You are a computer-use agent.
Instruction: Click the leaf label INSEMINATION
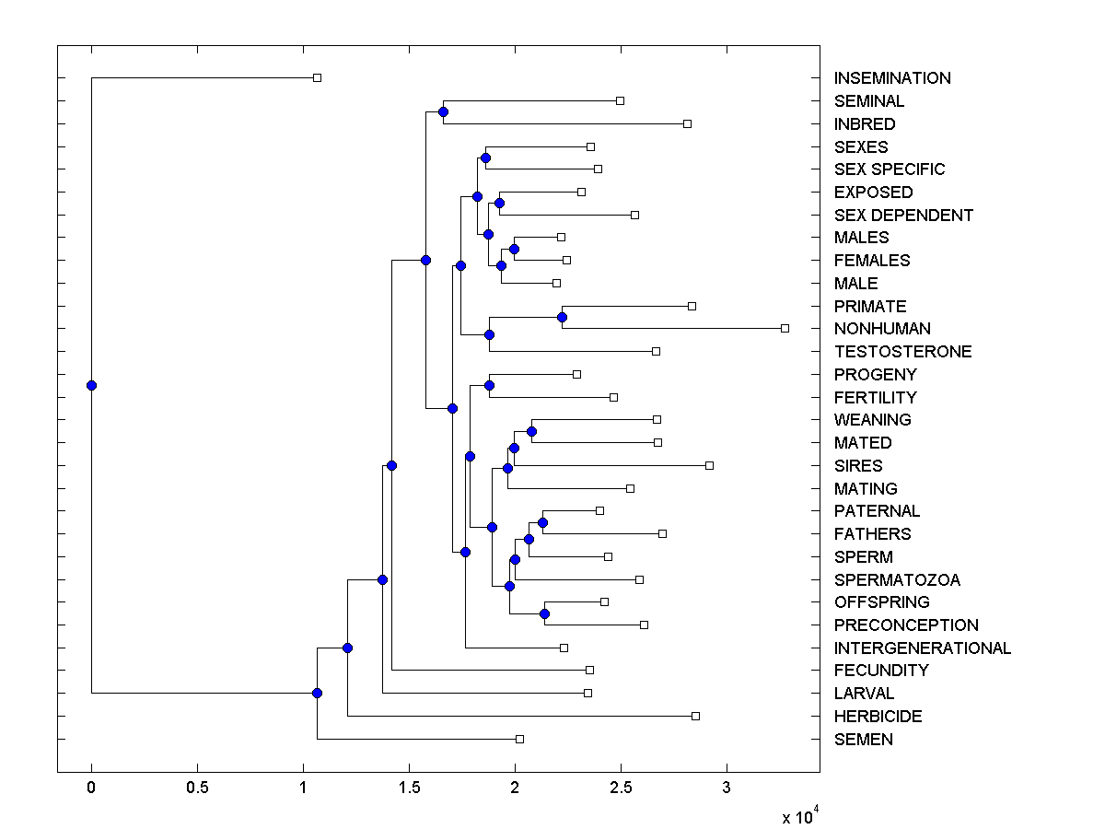pyautogui.click(x=892, y=78)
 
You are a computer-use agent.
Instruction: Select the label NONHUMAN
pyautogui.click(x=882, y=329)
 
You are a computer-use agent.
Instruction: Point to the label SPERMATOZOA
pyautogui.click(x=897, y=579)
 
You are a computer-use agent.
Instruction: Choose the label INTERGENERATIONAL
pyautogui.click(x=922, y=648)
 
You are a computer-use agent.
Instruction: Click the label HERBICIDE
pyautogui.click(x=878, y=717)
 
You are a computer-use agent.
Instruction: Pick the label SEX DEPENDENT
pyautogui.click(x=903, y=216)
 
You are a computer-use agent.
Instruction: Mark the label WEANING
pyautogui.click(x=872, y=420)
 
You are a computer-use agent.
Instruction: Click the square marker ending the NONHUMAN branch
pyautogui.click(x=785, y=328)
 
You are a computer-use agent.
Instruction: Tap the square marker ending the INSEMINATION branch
pyautogui.click(x=317, y=77)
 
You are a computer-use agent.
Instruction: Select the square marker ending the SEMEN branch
pyautogui.click(x=519, y=739)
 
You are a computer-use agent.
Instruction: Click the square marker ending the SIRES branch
pyautogui.click(x=709, y=465)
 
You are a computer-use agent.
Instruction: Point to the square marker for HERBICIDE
pyautogui.click(x=695, y=716)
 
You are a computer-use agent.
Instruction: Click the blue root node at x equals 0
pyautogui.click(x=91, y=385)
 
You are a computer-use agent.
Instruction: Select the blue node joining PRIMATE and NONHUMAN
pyautogui.click(x=562, y=317)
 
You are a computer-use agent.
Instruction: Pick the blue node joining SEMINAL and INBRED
pyautogui.click(x=443, y=111)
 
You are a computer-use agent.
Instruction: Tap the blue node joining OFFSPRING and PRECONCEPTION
pyautogui.click(x=544, y=613)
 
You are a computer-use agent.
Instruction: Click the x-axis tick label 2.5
pyautogui.click(x=621, y=788)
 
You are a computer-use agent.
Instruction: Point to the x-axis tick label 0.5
pyautogui.click(x=197, y=788)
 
